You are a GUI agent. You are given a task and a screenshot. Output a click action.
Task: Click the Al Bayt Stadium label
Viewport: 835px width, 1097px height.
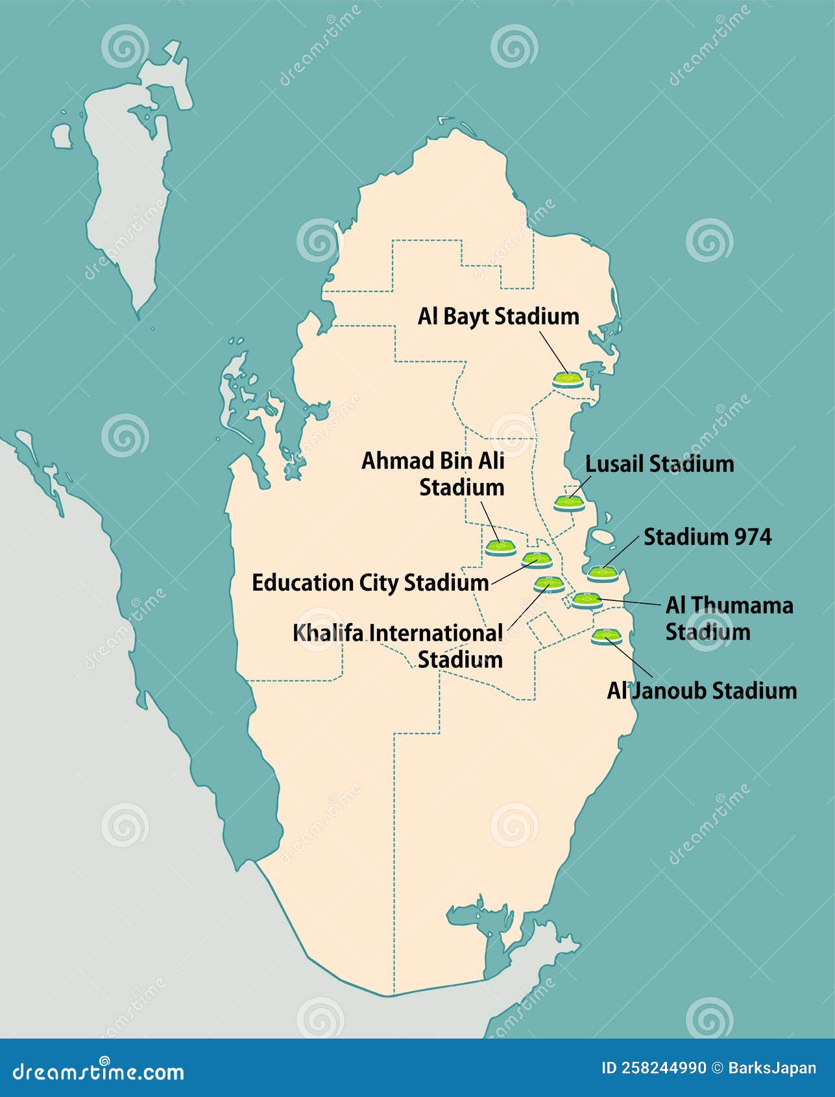[498, 317]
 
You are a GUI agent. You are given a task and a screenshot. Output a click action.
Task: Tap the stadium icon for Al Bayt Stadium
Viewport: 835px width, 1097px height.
[568, 378]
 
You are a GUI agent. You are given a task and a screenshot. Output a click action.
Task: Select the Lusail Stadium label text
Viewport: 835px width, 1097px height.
[659, 464]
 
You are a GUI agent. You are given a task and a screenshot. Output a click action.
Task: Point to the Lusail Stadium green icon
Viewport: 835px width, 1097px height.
[569, 502]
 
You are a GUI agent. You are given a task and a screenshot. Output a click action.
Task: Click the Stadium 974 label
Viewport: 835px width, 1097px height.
[707, 537]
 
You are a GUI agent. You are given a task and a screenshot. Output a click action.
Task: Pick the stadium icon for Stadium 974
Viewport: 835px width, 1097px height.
[603, 573]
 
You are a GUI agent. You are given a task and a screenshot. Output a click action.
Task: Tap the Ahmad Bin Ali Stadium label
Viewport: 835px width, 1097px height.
[433, 474]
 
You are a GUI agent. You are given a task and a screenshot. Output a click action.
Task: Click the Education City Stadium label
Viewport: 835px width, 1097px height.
[370, 582]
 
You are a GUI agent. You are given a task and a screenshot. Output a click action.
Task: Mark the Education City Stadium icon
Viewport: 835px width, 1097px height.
[537, 559]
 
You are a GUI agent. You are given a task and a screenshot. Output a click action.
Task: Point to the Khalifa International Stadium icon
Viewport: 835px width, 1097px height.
[548, 583]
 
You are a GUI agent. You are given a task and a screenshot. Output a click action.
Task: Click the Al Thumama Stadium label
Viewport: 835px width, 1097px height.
[729, 618]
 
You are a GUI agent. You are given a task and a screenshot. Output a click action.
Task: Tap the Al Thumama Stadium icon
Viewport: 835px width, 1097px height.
[586, 599]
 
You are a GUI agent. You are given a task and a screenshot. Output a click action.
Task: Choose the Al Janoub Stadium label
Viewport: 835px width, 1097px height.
[701, 690]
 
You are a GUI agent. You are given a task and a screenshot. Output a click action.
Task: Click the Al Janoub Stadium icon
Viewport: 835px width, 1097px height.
[606, 635]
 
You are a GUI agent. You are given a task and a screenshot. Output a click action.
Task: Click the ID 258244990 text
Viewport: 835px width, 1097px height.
[654, 1068]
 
